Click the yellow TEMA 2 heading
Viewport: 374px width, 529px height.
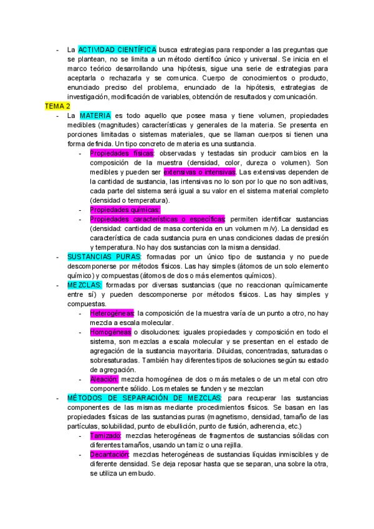coord(57,107)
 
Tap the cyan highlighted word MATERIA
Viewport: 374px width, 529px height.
coord(95,116)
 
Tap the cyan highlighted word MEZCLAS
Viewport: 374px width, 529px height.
coord(85,284)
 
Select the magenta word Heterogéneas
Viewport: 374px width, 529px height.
coord(112,313)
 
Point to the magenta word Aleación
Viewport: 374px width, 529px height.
coord(103,379)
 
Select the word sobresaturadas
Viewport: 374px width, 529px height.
coord(115,360)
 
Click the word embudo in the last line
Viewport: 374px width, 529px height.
coord(143,473)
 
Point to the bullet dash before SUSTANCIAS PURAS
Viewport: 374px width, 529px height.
coord(58,256)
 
